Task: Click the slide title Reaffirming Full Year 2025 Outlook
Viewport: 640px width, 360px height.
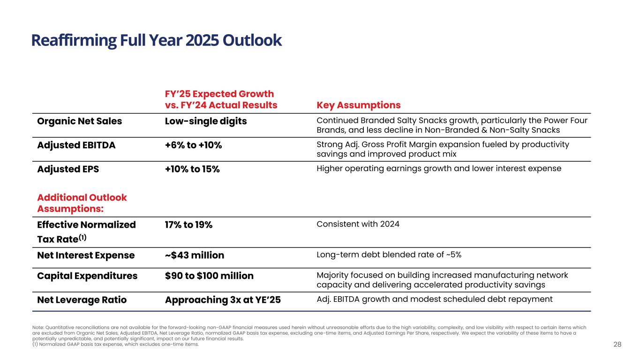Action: pos(157,41)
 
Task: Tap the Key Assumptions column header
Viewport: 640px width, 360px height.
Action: pos(359,105)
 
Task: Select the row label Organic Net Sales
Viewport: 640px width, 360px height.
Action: pos(79,121)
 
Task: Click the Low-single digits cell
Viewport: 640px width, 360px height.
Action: pos(206,121)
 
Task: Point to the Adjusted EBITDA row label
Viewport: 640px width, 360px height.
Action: pos(76,145)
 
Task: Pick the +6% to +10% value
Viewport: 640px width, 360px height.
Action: pos(193,145)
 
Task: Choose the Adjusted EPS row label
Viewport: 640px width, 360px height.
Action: pos(68,169)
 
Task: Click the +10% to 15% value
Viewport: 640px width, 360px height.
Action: pos(192,169)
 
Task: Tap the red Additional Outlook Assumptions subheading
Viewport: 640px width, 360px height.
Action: pos(82,202)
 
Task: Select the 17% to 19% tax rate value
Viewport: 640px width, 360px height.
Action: pos(188,225)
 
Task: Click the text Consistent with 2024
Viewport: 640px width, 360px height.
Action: pos(358,224)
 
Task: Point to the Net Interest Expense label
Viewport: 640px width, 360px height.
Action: pos(86,255)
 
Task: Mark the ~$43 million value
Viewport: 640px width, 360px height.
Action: pos(195,255)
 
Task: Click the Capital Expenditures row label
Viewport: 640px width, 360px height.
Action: pos(87,276)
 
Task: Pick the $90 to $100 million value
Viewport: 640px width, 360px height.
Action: pos(209,276)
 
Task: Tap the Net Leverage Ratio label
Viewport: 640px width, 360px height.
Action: pos(82,299)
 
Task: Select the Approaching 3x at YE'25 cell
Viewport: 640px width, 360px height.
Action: pos(223,299)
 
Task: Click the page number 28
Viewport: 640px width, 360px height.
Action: pos(617,345)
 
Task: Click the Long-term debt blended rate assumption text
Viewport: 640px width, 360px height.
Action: pos(389,255)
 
